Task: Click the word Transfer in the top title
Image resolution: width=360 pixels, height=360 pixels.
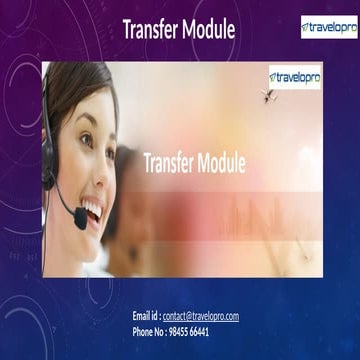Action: [151, 31]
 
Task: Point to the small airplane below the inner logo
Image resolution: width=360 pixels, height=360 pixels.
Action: [268, 96]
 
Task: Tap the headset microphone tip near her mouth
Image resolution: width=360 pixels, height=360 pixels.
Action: [79, 225]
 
